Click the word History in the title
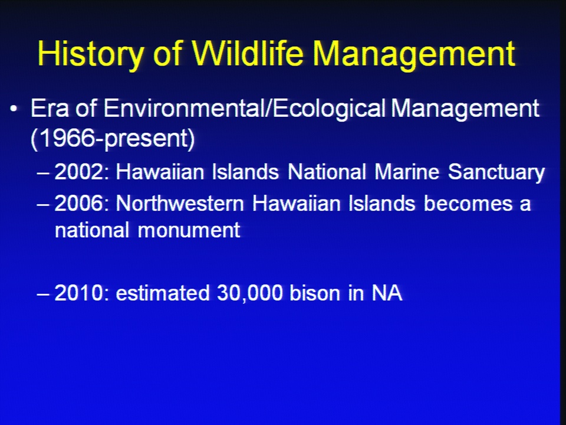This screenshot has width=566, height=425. (x=91, y=54)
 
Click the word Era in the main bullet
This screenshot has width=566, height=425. (x=50, y=108)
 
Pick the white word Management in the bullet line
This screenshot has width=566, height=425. (x=465, y=109)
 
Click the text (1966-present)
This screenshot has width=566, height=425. (x=113, y=138)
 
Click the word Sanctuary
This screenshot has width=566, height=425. (x=496, y=172)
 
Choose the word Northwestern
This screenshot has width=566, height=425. (x=180, y=204)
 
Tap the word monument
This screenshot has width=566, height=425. (x=189, y=230)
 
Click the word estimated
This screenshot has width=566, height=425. (x=163, y=293)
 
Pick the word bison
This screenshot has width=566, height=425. (x=315, y=293)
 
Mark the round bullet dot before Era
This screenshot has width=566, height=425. (x=14, y=109)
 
